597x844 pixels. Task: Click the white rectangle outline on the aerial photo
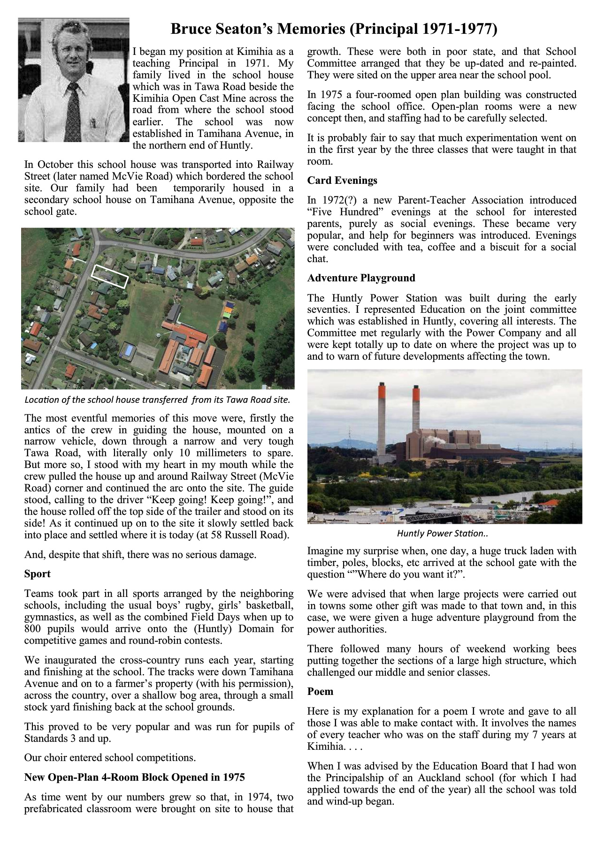coord(110,276)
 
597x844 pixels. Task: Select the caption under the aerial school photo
coord(157,400)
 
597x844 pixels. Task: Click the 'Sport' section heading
coord(37,574)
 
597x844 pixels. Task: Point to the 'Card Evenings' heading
coord(342,181)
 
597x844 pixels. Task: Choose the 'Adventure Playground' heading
coord(361,278)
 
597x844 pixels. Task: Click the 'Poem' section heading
coord(320,692)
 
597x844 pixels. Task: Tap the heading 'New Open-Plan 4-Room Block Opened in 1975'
coord(134,777)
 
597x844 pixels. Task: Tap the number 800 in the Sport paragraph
coord(33,629)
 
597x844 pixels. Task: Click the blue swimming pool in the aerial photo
coord(127,349)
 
